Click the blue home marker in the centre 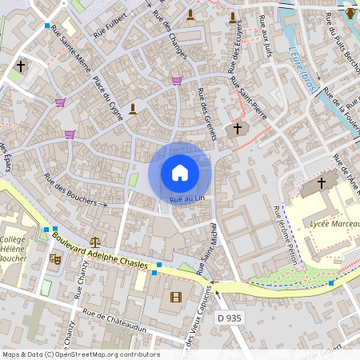(180, 172)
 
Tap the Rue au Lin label (188, 198)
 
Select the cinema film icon (176, 298)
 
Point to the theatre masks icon (55, 258)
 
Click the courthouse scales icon (96, 241)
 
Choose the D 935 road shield (229, 318)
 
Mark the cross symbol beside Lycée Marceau (322, 183)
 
